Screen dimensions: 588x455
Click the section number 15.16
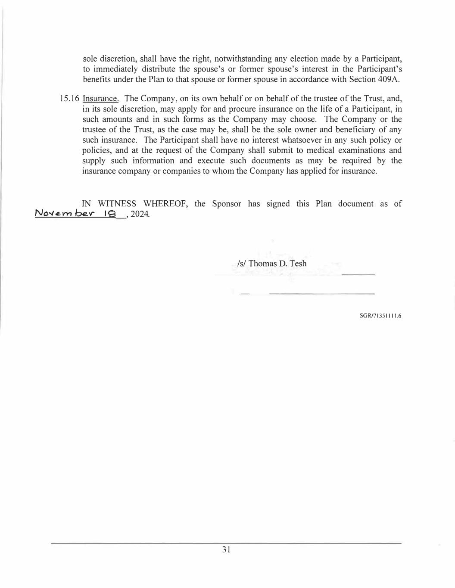point(69,99)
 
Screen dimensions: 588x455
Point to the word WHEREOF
point(165,204)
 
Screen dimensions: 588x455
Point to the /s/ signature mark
point(242,263)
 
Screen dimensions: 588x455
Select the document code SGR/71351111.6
point(380,316)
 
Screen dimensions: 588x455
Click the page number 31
point(226,549)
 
